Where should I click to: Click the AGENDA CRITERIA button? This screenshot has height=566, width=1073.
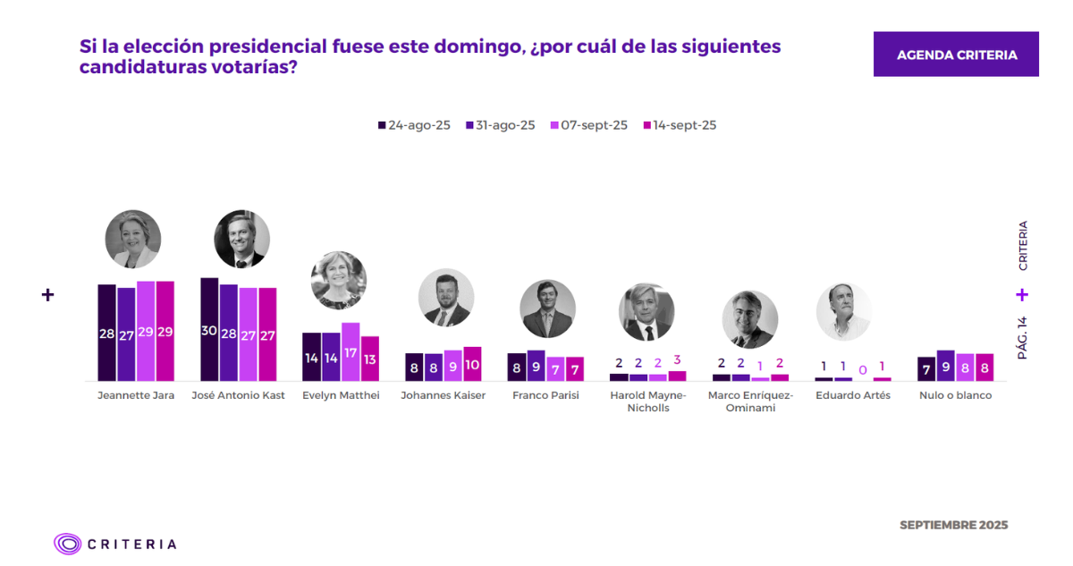[x=956, y=55]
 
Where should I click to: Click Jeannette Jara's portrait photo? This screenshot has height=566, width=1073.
[x=133, y=239]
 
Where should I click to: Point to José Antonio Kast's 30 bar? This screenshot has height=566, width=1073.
[x=209, y=330]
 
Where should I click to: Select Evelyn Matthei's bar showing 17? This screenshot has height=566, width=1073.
[x=351, y=351]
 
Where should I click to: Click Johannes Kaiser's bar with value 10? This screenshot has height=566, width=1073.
[x=472, y=364]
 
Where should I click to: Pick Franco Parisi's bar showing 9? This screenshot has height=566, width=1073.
[x=536, y=365]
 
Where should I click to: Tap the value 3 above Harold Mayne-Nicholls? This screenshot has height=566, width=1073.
[x=677, y=359]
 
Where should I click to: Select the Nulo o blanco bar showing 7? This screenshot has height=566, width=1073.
[x=926, y=367]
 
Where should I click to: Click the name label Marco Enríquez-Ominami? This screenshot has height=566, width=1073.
[x=750, y=401]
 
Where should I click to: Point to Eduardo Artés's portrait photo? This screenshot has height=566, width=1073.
[x=843, y=311]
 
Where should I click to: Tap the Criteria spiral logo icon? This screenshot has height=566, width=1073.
[x=68, y=544]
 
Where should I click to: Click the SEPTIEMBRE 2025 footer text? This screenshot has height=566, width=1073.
[x=953, y=525]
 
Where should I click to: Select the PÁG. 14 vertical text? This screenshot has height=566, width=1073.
[x=1022, y=337]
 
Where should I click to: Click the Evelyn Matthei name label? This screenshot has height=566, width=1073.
[x=341, y=395]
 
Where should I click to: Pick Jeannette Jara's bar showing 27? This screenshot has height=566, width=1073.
[x=126, y=334]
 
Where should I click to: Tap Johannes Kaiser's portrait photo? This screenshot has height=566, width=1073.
[x=446, y=298]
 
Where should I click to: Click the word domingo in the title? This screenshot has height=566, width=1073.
[x=470, y=46]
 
